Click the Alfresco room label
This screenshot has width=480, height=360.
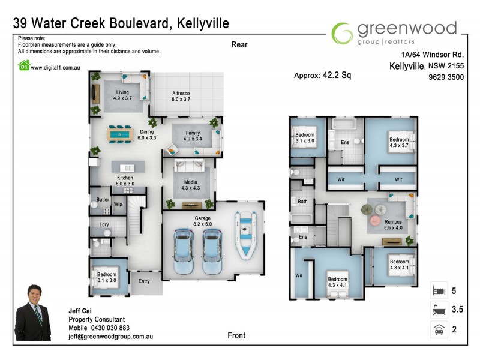point(181,97)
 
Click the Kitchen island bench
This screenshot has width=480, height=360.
point(127,167)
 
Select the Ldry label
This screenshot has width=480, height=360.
point(103,226)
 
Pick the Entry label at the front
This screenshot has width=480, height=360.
point(144,281)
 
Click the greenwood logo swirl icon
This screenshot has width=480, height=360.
point(343,33)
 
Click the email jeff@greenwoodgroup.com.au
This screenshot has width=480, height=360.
point(110,337)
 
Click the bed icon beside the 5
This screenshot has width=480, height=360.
point(439,291)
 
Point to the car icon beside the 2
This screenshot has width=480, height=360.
point(439,329)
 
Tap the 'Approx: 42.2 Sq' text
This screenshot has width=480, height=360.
point(322,76)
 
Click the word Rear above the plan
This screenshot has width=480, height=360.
point(239,44)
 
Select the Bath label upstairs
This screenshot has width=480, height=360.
point(302,202)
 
